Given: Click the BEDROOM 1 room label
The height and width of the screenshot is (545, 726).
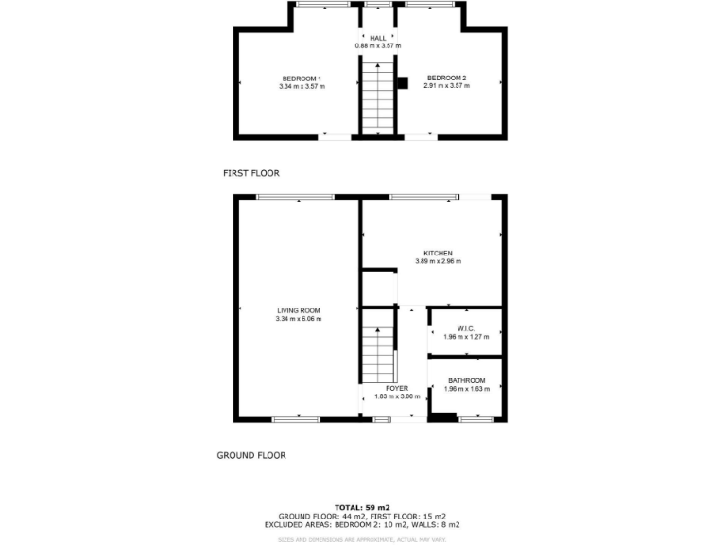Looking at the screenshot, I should pyautogui.click(x=302, y=78).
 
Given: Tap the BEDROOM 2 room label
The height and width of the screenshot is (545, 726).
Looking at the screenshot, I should pyautogui.click(x=446, y=78).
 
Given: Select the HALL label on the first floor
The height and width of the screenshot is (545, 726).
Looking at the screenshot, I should pyautogui.click(x=377, y=38).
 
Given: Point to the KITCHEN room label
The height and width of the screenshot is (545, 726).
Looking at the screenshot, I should pyautogui.click(x=438, y=253).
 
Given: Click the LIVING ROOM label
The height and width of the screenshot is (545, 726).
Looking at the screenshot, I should pyautogui.click(x=298, y=310).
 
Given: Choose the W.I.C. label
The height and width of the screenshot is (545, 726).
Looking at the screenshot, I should pyautogui.click(x=464, y=328).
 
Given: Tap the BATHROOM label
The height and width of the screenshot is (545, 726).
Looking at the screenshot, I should pyautogui.click(x=466, y=380).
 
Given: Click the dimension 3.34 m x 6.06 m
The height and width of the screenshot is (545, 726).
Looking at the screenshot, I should pyautogui.click(x=298, y=319).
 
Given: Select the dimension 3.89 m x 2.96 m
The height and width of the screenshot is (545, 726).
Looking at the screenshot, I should pyautogui.click(x=438, y=261).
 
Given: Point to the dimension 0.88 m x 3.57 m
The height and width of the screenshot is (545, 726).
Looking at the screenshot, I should pyautogui.click(x=377, y=45).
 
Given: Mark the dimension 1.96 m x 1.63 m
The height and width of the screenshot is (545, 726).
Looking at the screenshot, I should pyautogui.click(x=466, y=389).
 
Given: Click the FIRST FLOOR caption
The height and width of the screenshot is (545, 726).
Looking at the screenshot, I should pyautogui.click(x=251, y=173).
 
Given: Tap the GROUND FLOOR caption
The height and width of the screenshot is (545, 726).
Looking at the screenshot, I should pyautogui.click(x=251, y=455).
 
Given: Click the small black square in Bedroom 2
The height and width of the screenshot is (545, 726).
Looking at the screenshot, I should pyautogui.click(x=402, y=83).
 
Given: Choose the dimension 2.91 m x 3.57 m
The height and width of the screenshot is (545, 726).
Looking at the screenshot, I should pyautogui.click(x=446, y=86).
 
